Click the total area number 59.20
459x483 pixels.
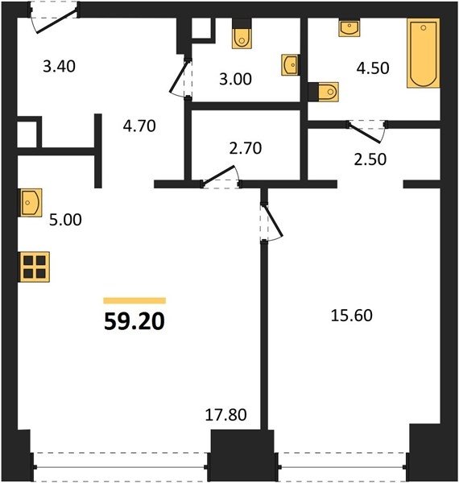[x=134, y=321]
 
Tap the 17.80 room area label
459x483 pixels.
[x=225, y=415]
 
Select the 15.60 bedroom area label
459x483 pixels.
[x=351, y=316]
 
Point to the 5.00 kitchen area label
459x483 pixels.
[x=65, y=220]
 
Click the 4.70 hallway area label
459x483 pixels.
[x=139, y=126]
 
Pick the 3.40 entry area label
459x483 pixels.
[x=59, y=67]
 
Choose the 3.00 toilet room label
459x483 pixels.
[x=235, y=79]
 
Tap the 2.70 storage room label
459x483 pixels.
[x=246, y=148]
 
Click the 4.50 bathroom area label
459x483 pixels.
[x=373, y=68]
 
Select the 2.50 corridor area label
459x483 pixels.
[x=370, y=159]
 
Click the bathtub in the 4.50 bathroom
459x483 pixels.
[x=424, y=53]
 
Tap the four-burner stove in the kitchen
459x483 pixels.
[x=35, y=266]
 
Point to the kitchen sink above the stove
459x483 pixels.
[x=31, y=203]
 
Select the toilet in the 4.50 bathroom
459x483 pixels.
[x=324, y=92]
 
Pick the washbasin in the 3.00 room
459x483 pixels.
[x=290, y=65]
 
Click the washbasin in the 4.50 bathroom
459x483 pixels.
[x=349, y=28]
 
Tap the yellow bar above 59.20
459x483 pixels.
[x=134, y=300]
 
